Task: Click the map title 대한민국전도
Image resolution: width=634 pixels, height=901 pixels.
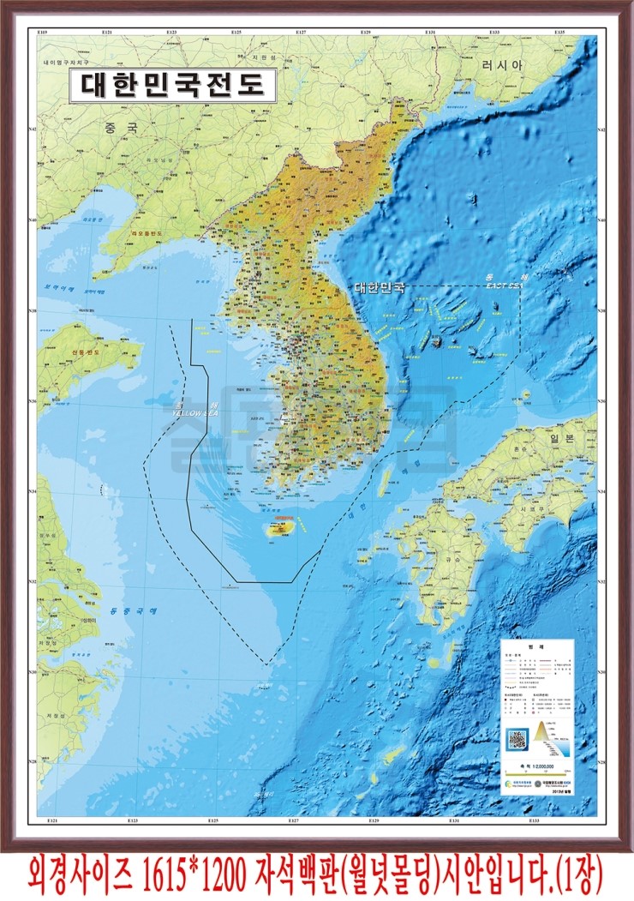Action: click(172, 86)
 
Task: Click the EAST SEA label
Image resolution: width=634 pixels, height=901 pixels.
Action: click(501, 285)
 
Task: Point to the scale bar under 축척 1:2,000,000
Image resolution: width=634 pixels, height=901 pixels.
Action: click(537, 776)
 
